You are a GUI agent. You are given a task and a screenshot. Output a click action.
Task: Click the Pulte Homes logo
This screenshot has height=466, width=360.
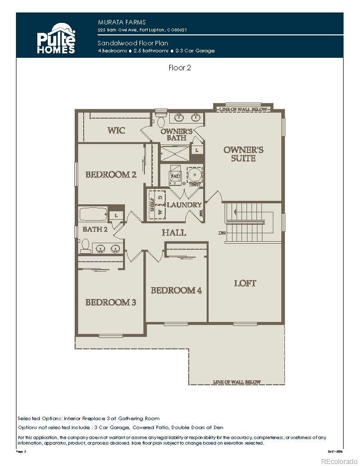tap(56, 38)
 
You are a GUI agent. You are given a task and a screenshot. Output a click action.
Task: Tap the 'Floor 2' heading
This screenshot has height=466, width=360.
tap(180, 68)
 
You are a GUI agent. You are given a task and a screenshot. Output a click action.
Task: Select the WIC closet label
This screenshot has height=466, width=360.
tap(116, 131)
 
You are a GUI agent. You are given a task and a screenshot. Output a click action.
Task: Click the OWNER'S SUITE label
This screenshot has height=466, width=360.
tap(243, 154)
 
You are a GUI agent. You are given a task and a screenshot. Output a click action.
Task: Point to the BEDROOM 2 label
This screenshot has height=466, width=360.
tap(111, 174)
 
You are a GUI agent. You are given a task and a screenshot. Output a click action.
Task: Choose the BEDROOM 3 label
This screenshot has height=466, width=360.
tap(111, 302)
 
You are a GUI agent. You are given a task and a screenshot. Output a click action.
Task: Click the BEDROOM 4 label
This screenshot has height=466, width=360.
tap(176, 290)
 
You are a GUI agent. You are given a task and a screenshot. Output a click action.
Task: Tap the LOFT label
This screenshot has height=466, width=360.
tap(245, 283)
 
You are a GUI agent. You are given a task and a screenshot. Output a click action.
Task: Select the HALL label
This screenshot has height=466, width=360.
tap(174, 232)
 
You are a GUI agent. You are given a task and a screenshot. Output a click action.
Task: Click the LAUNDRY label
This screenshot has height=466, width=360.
tap(184, 205)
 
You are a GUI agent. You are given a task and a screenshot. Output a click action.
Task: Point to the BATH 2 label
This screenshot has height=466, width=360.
tap(95, 229)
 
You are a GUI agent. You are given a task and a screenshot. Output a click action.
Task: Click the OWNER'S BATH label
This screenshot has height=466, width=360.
tap(176, 135)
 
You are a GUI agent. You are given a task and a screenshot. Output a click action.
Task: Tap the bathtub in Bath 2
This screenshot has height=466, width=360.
tap(94, 215)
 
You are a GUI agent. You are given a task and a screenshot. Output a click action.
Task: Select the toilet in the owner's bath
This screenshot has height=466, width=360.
tap(161, 120)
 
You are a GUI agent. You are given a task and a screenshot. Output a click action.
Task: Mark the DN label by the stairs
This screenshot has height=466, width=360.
tap(222, 233)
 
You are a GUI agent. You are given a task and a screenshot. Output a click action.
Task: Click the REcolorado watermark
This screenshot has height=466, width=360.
tap(342, 461)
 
